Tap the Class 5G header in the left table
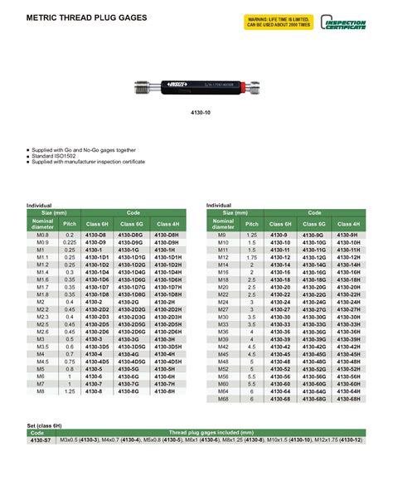(x=132, y=225)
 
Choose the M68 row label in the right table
(x=222, y=398)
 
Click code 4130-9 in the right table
(x=282, y=236)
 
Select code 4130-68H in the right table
(x=350, y=398)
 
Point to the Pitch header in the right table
(x=252, y=225)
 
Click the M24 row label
(x=222, y=301)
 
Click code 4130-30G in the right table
(x=316, y=317)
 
